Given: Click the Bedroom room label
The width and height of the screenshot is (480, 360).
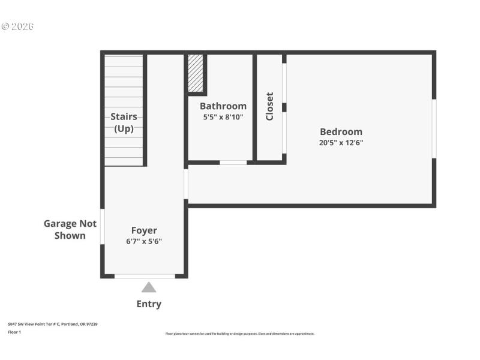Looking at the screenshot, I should click(341, 132).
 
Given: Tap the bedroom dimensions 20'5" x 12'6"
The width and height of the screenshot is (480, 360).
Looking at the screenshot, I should click(341, 143).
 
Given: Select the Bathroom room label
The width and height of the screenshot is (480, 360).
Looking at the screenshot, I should click(223, 106).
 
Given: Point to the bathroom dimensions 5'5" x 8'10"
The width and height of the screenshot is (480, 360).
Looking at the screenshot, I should click(223, 117).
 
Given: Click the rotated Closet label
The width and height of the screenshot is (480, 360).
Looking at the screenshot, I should click(269, 106).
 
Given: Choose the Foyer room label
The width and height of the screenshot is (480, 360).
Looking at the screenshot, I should click(144, 230).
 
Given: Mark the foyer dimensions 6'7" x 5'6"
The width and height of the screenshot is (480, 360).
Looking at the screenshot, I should click(144, 241).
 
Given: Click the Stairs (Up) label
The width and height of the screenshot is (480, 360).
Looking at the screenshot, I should click(124, 122).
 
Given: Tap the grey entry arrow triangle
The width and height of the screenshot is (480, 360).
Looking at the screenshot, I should click(149, 287).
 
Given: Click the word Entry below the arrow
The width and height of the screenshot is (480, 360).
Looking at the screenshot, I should click(149, 304).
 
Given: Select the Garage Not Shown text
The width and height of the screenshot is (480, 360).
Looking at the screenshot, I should click(70, 229).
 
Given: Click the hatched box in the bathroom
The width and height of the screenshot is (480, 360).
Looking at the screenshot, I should click(196, 73).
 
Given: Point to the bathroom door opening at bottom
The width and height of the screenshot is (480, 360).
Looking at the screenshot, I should click(233, 162).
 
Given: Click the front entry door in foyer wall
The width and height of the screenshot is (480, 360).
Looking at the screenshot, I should click(145, 276).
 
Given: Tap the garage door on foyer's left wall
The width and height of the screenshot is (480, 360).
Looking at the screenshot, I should click(103, 226).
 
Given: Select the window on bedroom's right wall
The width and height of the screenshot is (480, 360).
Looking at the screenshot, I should click(434, 129).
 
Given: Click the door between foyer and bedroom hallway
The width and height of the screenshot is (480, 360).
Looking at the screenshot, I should click(186, 184).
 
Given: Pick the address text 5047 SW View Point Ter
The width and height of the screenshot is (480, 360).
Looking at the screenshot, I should click(53, 324).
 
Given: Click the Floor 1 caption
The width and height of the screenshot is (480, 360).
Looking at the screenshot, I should click(14, 332).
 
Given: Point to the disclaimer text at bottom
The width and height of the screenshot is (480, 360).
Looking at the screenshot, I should click(239, 334).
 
